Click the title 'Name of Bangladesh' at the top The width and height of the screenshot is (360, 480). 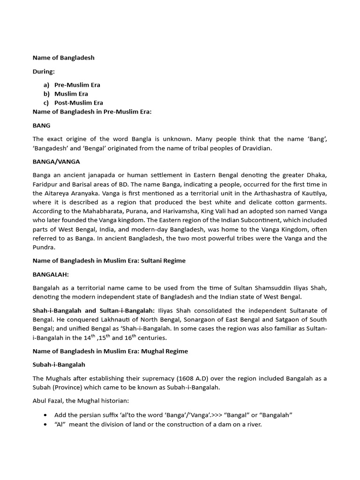pos(63,58)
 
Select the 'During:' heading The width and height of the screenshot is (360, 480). pos(44,72)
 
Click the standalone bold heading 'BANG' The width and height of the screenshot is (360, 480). pos(41,126)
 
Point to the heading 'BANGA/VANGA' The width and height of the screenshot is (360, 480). pos(56,161)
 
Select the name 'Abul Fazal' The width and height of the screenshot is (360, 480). pos(49,401)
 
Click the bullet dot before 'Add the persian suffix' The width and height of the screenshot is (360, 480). pos(45,415)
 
